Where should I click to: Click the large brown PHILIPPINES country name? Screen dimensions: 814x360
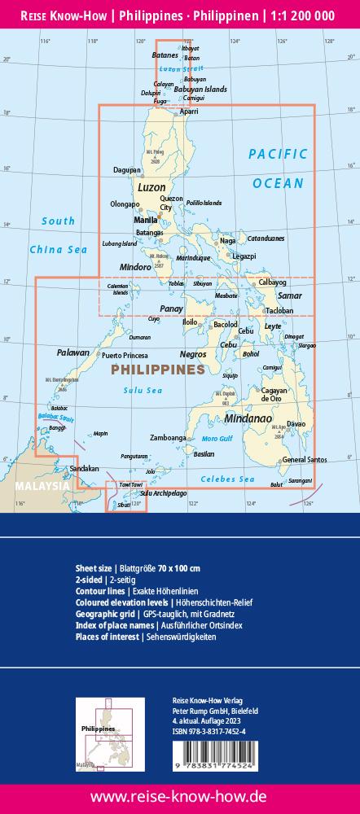pos(156,370)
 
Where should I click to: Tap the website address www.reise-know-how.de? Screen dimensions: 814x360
pos(180,795)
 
